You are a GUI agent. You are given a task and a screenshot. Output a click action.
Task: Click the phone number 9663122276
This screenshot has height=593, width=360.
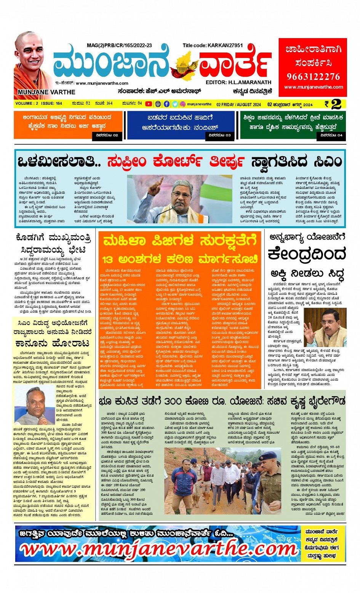pos(313,77)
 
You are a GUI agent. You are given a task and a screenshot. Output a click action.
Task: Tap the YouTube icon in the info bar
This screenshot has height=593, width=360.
pos(149,104)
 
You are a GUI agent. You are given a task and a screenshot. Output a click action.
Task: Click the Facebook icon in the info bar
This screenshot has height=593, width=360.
pos(166,104)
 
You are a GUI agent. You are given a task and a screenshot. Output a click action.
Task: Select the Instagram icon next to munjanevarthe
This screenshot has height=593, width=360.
pos(183,104)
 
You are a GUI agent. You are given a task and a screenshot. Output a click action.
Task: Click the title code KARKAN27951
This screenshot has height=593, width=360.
pos(213,45)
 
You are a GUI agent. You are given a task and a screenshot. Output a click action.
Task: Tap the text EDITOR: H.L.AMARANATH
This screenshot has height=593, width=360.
pos(238,82)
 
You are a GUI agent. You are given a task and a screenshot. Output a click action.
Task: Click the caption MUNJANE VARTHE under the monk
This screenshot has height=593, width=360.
pos(46,92)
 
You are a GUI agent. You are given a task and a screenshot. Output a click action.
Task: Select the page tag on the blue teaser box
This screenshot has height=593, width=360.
pos(219,135)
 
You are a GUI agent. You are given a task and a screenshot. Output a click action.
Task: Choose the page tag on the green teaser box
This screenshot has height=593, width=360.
pos(331,135)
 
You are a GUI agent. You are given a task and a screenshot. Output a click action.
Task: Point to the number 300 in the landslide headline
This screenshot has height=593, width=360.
pos(173,401)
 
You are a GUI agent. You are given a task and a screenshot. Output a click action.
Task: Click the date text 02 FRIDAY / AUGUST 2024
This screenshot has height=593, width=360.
pos(238,104)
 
